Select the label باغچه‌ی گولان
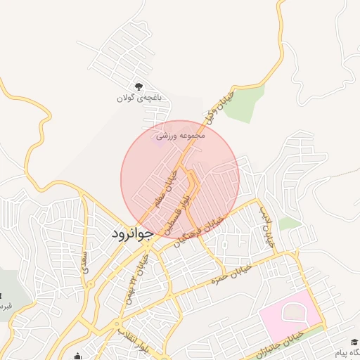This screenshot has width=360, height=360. pyautogui.click(x=139, y=98)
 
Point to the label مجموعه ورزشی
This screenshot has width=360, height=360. pyautogui.click(x=180, y=134)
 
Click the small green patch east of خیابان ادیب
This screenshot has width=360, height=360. pyautogui.click(x=290, y=224)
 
